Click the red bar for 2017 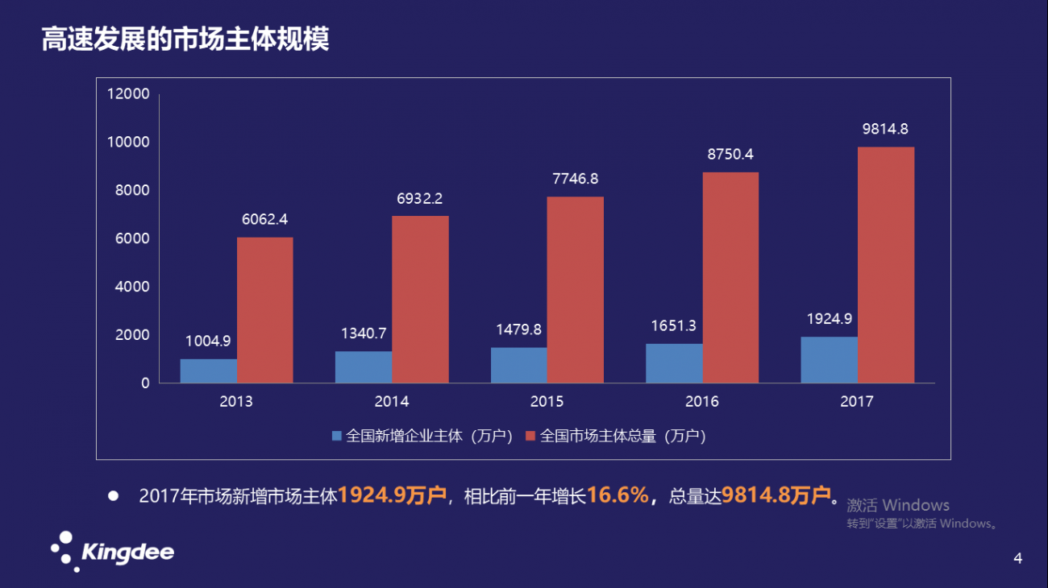[885, 265]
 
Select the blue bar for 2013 [208, 371]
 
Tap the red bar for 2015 [575, 290]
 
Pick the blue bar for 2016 [673, 363]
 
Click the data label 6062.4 [264, 219]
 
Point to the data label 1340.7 [364, 333]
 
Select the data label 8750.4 [730, 154]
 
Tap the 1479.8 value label [518, 329]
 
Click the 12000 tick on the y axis [128, 93]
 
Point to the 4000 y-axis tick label [131, 287]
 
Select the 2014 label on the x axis [391, 402]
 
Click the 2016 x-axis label [701, 402]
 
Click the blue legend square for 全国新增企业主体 [338, 436]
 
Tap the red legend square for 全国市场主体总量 [530, 436]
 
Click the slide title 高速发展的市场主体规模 [185, 39]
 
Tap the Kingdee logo [112, 552]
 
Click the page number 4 [1017, 558]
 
